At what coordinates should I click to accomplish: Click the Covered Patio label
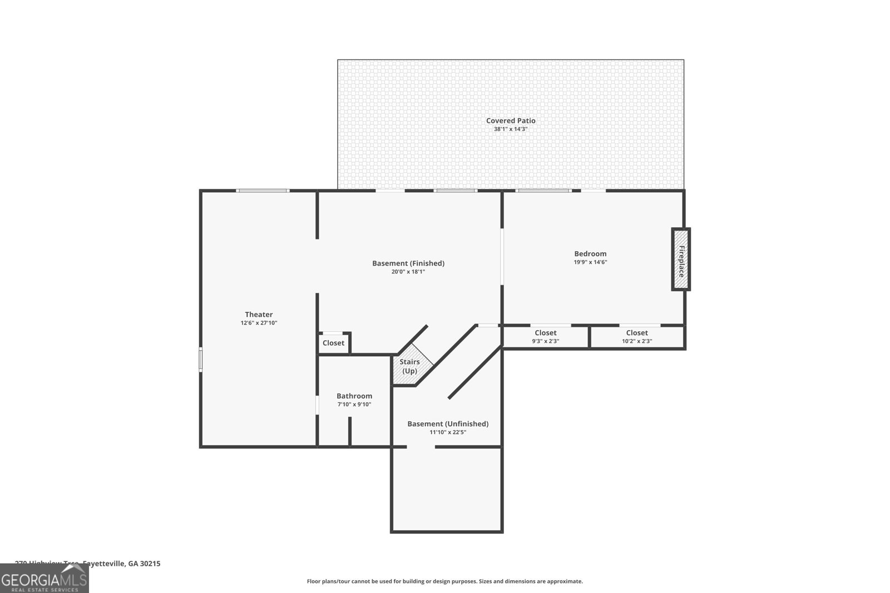point(511,121)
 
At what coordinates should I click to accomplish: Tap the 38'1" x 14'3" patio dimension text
point(511,129)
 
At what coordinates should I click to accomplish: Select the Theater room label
point(259,315)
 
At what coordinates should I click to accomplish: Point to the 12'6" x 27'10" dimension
point(259,323)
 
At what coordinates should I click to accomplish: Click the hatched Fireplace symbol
point(680,260)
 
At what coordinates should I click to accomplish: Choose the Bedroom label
point(590,254)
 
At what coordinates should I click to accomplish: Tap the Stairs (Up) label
point(409,366)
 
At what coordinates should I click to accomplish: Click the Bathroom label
point(354,396)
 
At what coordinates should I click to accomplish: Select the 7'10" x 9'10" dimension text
point(354,405)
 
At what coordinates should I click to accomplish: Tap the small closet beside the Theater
point(333,343)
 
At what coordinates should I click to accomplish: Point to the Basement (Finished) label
point(408,263)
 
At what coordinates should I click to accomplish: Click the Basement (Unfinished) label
point(448,424)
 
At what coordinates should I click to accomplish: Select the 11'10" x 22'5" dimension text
point(448,432)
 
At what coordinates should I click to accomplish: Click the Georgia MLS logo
point(44,578)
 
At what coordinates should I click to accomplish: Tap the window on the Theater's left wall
point(201,360)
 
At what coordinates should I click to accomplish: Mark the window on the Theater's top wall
point(263,191)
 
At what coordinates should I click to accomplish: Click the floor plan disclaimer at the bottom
point(444,581)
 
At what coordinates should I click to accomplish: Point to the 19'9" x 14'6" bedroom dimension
point(590,262)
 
